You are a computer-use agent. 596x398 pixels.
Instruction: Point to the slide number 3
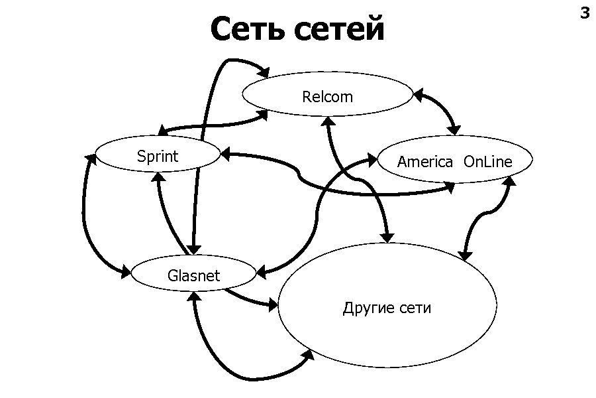click(584, 13)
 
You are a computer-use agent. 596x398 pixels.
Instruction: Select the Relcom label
click(327, 97)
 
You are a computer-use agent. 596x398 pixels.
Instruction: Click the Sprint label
click(158, 157)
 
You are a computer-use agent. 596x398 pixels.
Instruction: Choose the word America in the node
click(425, 162)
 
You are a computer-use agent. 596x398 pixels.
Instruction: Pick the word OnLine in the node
click(488, 162)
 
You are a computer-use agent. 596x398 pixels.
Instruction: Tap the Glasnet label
click(193, 275)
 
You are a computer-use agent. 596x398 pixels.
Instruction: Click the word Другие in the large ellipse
click(369, 308)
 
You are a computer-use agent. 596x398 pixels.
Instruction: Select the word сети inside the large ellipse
click(416, 308)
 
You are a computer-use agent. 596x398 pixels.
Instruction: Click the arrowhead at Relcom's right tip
click(418, 95)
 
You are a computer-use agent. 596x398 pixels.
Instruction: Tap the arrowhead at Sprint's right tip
click(225, 155)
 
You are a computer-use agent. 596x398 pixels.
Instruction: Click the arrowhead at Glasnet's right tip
click(261, 272)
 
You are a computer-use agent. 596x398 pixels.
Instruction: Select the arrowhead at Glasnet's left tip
click(126, 271)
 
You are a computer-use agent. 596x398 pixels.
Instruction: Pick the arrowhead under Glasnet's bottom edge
click(195, 298)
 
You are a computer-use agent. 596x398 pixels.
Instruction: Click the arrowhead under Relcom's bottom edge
click(327, 122)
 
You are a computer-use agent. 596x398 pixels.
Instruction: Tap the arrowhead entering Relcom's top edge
click(264, 72)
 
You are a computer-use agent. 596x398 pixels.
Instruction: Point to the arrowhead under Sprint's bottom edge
click(158, 177)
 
